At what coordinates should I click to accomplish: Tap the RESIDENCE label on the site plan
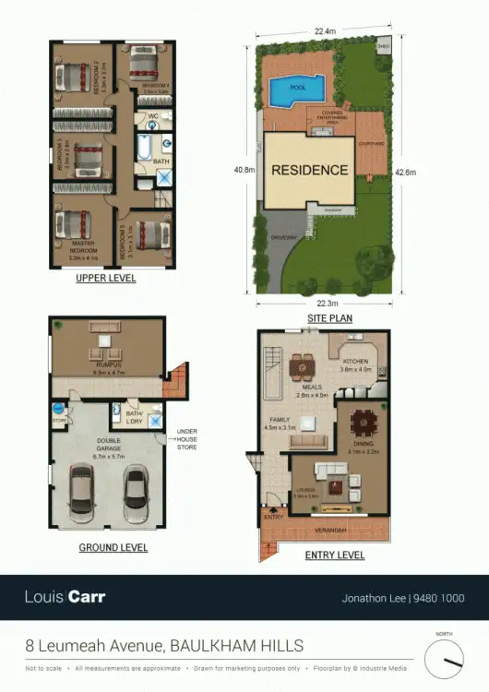309,170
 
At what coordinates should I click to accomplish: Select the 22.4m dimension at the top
323,31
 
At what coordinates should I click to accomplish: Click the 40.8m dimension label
244,169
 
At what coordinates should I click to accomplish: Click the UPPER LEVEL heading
106,278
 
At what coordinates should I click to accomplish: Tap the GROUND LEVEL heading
113,548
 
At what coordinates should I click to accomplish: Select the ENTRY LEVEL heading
335,555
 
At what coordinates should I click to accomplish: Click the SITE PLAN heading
329,318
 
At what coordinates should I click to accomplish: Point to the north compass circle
444,658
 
